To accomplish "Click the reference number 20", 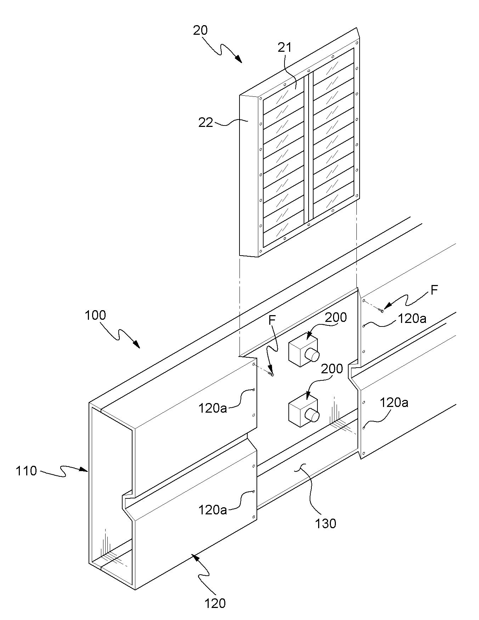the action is click(x=200, y=30).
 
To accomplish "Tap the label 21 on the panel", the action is click(x=284, y=47).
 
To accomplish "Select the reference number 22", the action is click(x=206, y=123).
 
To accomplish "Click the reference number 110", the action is click(x=26, y=471).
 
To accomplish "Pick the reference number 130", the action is click(x=326, y=523).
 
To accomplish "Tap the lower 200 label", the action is click(x=332, y=369).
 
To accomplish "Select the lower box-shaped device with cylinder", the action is click(x=304, y=410).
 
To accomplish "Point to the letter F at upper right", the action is click(x=434, y=291).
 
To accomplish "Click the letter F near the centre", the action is click(x=272, y=320).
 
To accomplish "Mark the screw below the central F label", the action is click(x=271, y=374).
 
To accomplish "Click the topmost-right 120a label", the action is click(x=412, y=318).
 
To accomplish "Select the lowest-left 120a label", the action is click(x=213, y=510).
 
